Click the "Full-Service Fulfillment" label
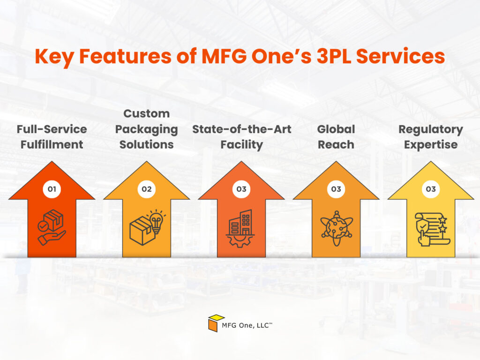pos(52,136)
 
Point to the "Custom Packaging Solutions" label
pos(147,129)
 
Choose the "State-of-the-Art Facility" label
pos(241,136)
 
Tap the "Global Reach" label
pos(336,136)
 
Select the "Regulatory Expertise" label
pos(430,136)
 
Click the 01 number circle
pos(52,189)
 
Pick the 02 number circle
pos(147,189)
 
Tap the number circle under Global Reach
pos(336,189)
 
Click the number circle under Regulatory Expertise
pos(430,189)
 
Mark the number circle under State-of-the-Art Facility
pos(241,189)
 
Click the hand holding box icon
pos(52,227)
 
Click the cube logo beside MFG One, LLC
pos(216,322)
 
